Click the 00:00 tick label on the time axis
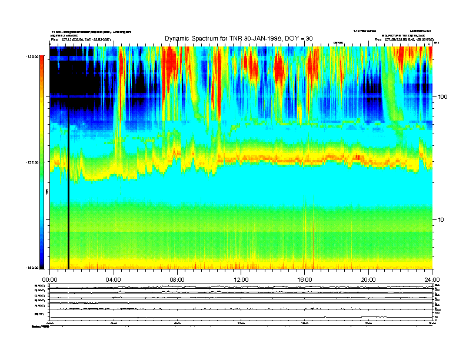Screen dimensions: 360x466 [x=49, y=279]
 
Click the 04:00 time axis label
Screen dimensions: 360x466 [x=113, y=279]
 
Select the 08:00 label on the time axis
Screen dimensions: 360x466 [x=177, y=279]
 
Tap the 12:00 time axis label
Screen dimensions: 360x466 [x=241, y=279]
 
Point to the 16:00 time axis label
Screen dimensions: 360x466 [x=305, y=279]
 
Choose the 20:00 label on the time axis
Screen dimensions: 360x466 [x=369, y=279]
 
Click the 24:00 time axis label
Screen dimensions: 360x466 [x=432, y=279]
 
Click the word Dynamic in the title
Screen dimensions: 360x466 [x=177, y=39]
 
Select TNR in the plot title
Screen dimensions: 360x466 [x=234, y=39]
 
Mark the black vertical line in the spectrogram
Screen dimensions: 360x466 [x=68, y=188]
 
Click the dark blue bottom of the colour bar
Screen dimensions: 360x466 [x=41, y=259]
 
